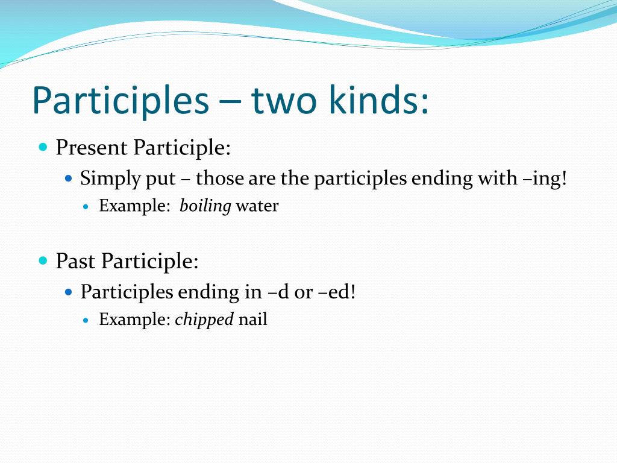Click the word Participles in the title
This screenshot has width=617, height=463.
coord(121,100)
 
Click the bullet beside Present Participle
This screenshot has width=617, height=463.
coord(43,147)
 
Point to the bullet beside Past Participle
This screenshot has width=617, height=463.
coord(43,260)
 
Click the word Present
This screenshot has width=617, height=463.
coord(92,148)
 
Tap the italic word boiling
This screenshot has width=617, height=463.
coord(205,206)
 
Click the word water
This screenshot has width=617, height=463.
coord(257,206)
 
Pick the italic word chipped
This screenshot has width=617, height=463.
coord(204,320)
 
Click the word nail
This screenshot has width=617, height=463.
coord(252,320)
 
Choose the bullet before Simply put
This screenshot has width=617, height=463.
coord(69,178)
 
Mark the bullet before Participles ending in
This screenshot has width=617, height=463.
coord(69,292)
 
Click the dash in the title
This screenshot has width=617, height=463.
coord(230,103)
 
